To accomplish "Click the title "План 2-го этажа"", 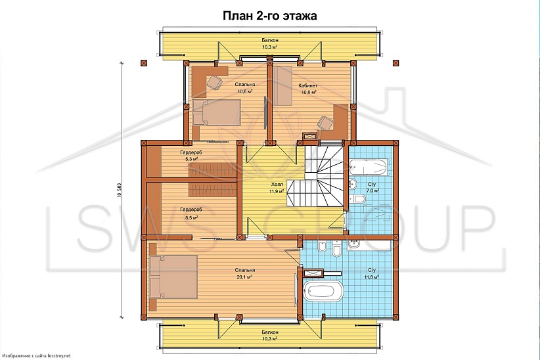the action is coord(269,16).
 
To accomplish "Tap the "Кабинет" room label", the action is coord(308,85).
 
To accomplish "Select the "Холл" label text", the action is coord(277,185).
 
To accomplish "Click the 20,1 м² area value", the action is coord(245,277).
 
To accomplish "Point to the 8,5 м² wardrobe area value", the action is coord(191,217).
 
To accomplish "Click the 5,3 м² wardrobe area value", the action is coord(191,159).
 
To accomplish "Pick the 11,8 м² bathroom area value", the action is coord(372,277).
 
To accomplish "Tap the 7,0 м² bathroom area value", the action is coord(372,190).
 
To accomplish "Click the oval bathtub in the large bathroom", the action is coord(324,292).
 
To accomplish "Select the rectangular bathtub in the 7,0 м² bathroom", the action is coord(368,168).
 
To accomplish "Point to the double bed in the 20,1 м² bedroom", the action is coord(173,277).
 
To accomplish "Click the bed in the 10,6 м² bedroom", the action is coord(216,112).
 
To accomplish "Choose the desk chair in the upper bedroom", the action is coord(214,83).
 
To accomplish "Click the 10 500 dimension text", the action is coord(120,189).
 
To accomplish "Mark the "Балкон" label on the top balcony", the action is coord(270,41).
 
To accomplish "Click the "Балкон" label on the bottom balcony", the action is coord(270,332).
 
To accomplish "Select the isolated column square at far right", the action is coord(395,63).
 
